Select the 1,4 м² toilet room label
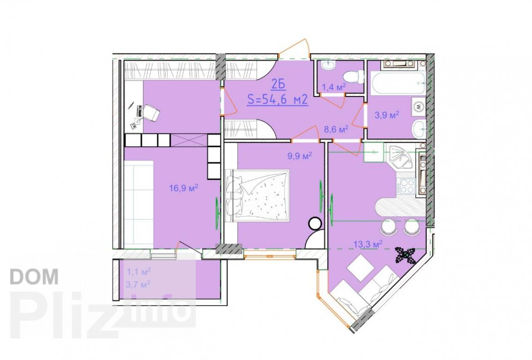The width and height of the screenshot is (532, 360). [x=333, y=87]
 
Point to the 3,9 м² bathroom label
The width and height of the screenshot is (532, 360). [x=387, y=115]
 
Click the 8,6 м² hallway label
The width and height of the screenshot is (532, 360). [x=336, y=129]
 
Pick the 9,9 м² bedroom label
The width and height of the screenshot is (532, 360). [x=300, y=156]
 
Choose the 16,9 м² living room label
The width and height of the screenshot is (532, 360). [x=184, y=188]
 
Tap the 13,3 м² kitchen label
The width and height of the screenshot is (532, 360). [x=368, y=243]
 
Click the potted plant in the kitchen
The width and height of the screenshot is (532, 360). [x=406, y=255]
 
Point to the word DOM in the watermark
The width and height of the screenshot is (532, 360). [x=34, y=277]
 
